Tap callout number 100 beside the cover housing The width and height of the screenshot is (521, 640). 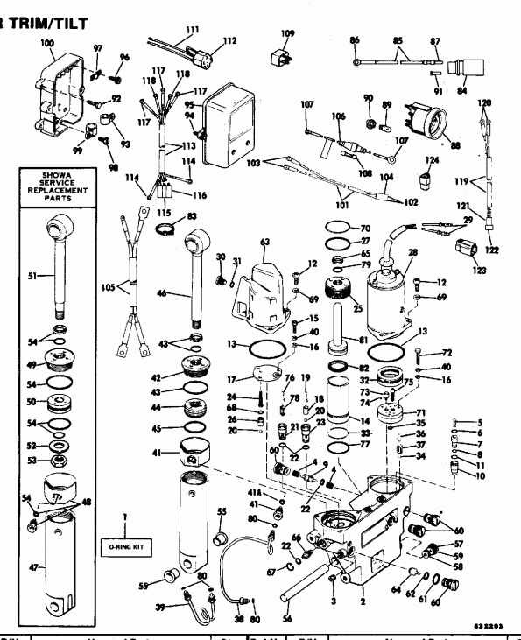click(x=46, y=43)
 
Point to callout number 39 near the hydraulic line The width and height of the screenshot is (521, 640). click(x=161, y=608)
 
